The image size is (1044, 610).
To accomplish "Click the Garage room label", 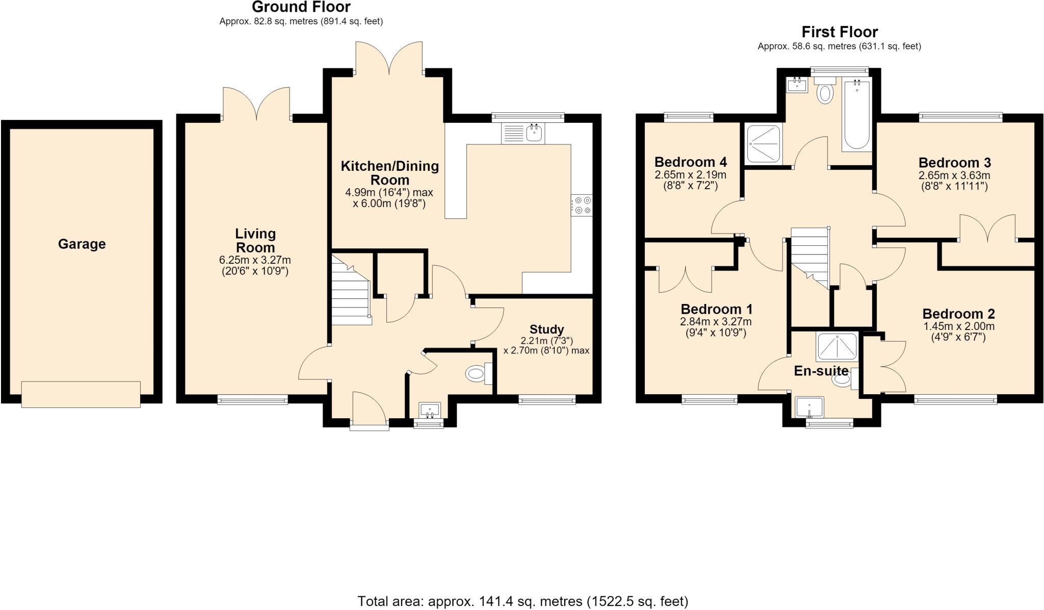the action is click(x=82, y=244).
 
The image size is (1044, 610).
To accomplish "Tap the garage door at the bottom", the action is click(x=81, y=394).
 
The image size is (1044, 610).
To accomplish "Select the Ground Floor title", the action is click(x=301, y=7).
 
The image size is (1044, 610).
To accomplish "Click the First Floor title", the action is click(x=840, y=32).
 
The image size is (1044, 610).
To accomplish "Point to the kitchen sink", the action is click(x=524, y=134).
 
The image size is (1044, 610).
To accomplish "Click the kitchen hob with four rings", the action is click(x=582, y=205).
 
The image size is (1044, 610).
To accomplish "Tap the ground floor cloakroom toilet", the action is click(x=479, y=374).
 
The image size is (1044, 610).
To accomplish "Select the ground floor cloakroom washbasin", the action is click(x=430, y=410).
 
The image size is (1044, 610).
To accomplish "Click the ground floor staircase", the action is click(x=351, y=290).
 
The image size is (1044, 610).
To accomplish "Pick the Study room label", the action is click(x=546, y=329).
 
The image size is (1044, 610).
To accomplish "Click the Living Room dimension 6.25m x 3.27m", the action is click(x=255, y=260).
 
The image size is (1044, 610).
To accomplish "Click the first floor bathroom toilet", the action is click(x=824, y=90).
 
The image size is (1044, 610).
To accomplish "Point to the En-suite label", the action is click(x=821, y=371).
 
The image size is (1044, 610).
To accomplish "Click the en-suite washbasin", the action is click(x=810, y=407).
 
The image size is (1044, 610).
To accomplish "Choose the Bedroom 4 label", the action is click(x=691, y=162).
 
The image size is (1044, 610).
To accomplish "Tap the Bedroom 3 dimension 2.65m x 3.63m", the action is click(x=954, y=175).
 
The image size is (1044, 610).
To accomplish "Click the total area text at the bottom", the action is click(x=523, y=601).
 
